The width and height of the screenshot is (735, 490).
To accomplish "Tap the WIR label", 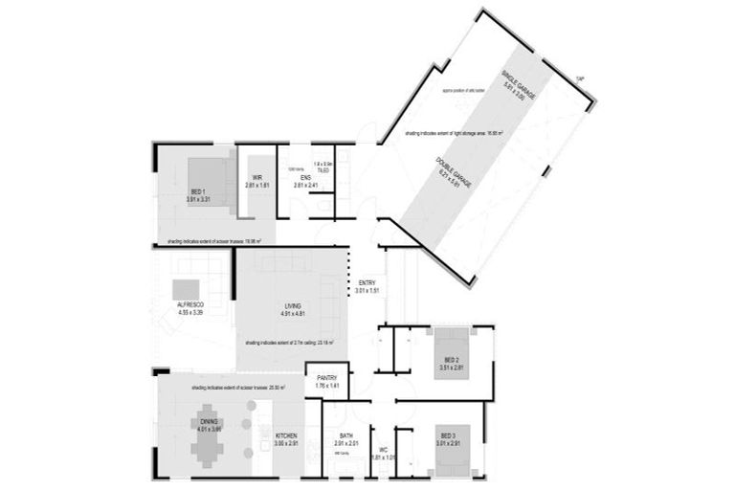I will tap(257, 178).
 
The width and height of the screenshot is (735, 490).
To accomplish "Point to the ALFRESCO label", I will tap(191, 303).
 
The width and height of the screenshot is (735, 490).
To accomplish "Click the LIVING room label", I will tap(293, 306).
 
